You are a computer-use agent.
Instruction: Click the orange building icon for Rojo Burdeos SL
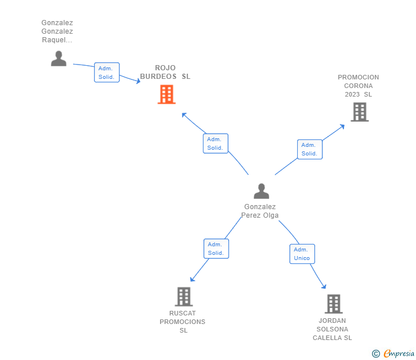166,94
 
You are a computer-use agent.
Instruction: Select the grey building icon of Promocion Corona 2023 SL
359,112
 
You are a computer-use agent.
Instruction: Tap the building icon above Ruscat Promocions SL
183,297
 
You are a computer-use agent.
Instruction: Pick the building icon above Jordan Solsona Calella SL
334,304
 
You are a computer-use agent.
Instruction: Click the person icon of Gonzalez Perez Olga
261,191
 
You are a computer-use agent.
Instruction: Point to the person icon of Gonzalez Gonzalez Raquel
58,58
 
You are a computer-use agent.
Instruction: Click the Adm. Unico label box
302,254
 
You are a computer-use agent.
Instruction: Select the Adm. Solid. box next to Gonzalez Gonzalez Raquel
106,73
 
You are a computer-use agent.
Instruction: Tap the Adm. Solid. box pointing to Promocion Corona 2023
310,149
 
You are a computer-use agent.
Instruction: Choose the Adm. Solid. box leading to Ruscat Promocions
216,249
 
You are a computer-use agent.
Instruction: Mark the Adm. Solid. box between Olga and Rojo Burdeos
215,143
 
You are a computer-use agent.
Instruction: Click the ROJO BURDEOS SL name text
165,72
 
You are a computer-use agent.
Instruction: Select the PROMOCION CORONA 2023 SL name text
358,86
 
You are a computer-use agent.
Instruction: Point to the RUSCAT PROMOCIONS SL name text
182,322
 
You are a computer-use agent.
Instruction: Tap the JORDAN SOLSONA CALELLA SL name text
332,329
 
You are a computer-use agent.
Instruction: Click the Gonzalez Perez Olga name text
260,211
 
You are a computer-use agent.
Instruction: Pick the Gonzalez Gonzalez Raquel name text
57,31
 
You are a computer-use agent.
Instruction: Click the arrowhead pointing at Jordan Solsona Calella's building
323,286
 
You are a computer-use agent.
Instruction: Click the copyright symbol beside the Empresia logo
376,354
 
